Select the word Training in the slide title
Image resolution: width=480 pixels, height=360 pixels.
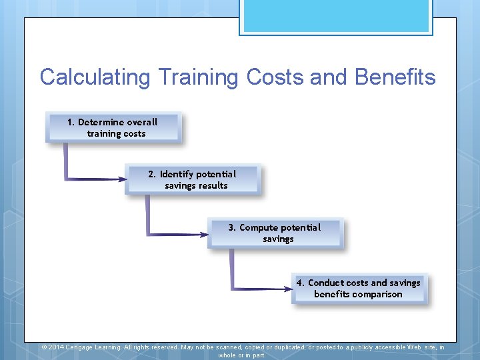(199, 77)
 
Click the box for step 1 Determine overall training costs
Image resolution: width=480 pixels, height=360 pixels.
(113, 127)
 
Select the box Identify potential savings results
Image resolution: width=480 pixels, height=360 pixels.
(193, 180)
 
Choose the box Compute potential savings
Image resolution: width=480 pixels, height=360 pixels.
(275, 233)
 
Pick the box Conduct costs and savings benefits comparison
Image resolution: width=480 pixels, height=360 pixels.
(359, 288)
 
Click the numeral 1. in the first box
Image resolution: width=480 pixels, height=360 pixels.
(71, 122)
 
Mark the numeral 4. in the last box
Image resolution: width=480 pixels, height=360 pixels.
(300, 283)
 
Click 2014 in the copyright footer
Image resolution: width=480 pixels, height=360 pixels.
(56, 347)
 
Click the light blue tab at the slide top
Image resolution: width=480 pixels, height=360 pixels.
(335, 16)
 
